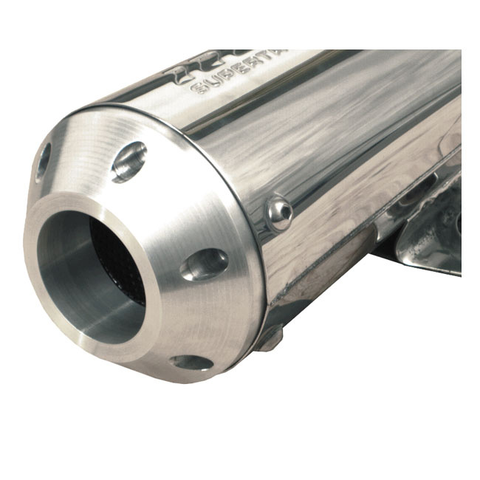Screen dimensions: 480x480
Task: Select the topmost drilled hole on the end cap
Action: (128, 161)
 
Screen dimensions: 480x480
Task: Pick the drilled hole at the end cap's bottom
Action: (191, 362)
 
